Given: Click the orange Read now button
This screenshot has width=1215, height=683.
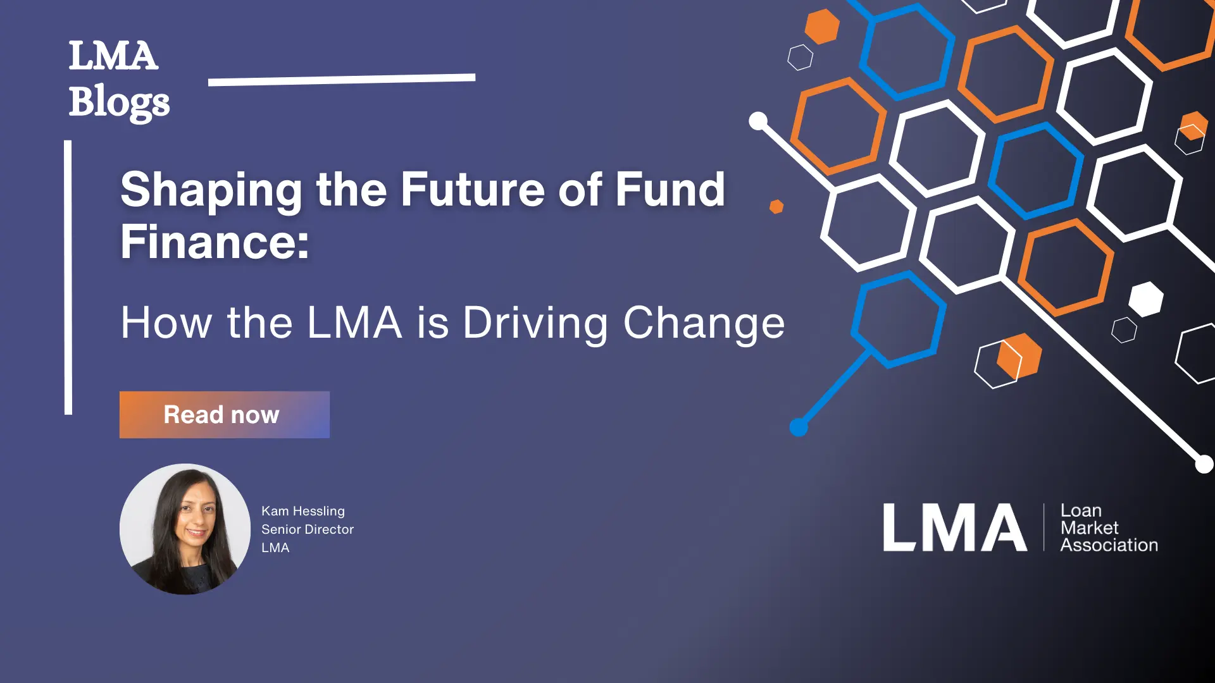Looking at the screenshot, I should click(224, 415).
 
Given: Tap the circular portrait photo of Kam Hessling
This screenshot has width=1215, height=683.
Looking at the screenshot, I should click(185, 529).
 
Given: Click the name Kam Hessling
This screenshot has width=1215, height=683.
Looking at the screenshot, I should click(303, 511).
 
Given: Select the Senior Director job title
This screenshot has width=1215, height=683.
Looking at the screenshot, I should click(308, 529).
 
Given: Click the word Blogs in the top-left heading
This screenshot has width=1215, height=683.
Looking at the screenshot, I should click(119, 102).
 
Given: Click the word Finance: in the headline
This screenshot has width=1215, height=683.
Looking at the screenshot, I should click(215, 242).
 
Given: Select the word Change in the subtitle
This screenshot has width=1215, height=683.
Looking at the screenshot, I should click(704, 323).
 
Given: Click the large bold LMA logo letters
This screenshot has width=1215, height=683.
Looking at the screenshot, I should click(954, 527).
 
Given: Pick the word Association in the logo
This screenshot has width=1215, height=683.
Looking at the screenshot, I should click(1109, 545).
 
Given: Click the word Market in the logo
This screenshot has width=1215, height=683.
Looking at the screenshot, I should click(1089, 528).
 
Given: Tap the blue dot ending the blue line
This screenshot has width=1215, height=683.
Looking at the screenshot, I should click(799, 428).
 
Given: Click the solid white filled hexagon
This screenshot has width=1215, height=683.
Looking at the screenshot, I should click(1146, 299).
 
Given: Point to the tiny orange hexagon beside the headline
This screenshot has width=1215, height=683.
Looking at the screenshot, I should click(776, 207).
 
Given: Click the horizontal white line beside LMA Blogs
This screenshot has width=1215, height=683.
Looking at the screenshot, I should click(342, 80).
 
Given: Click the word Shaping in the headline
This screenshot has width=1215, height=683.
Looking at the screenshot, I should click(211, 190).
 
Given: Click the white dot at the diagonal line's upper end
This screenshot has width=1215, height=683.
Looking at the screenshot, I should click(758, 121).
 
